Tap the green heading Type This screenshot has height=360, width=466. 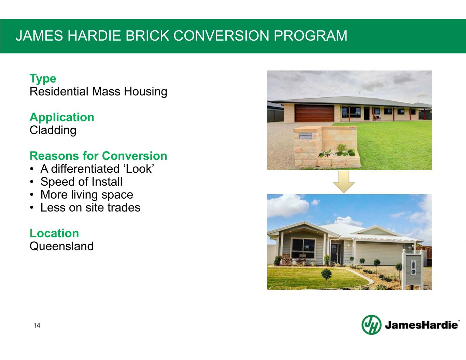(43, 78)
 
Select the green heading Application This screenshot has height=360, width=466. (62, 117)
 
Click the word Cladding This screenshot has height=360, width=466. (53, 130)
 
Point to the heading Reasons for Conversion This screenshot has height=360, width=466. (98, 156)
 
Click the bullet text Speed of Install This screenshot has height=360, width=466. (82, 182)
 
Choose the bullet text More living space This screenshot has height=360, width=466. (87, 195)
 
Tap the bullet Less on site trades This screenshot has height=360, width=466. (90, 207)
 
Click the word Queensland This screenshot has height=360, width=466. (61, 246)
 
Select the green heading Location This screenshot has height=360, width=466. (54, 233)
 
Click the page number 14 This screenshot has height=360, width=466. (37, 325)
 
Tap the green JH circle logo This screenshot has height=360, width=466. (371, 325)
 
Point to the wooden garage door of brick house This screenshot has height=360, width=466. (314, 113)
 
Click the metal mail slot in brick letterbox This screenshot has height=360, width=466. (306, 136)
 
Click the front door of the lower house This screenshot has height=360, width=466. (334, 254)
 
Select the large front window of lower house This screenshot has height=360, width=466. (303, 248)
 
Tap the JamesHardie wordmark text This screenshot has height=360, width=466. (421, 325)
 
